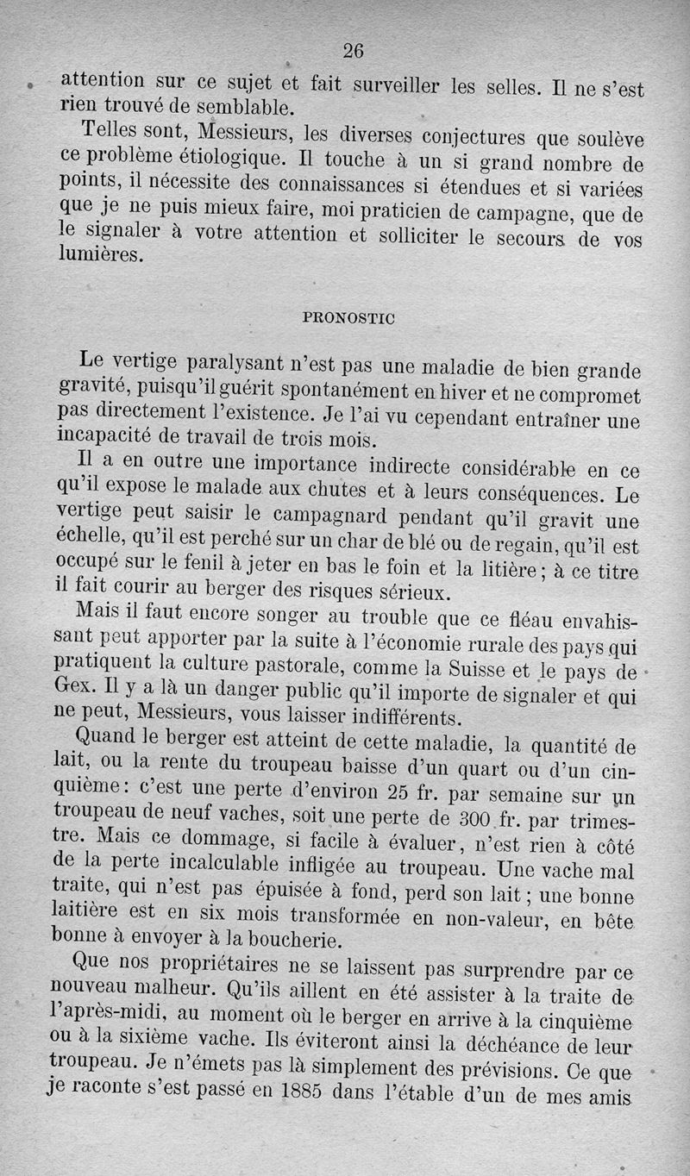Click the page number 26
[353, 50]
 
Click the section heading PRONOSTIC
[349, 317]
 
